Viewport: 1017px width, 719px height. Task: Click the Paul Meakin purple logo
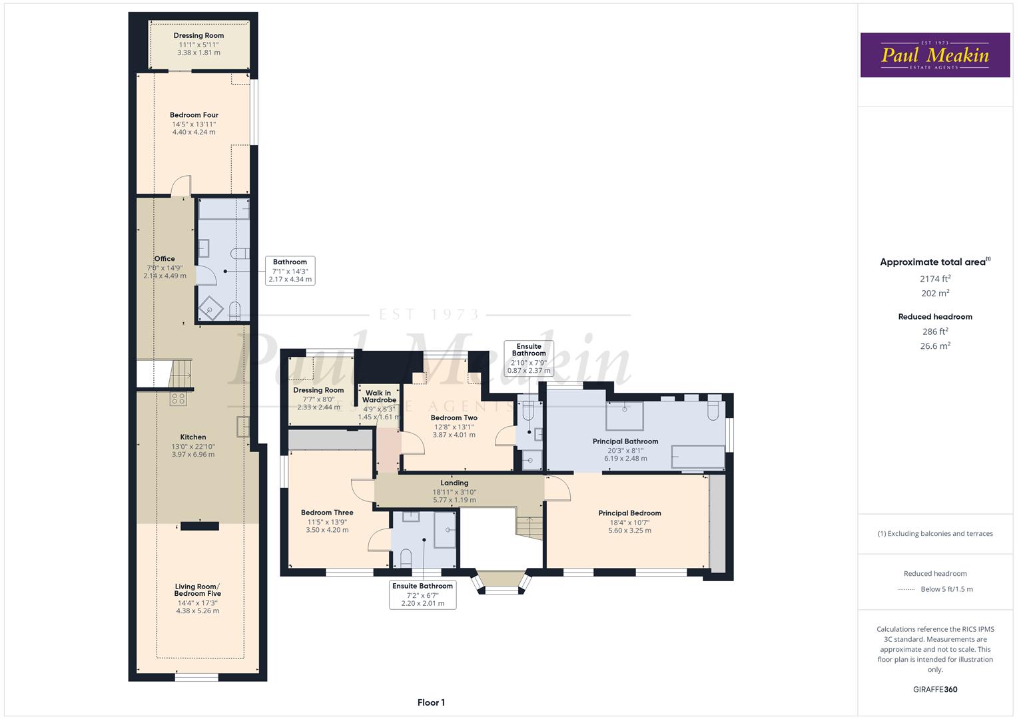point(935,55)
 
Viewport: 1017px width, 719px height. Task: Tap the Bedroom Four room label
point(194,115)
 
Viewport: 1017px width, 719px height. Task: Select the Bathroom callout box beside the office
point(290,271)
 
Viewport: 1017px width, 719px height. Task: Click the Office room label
point(165,259)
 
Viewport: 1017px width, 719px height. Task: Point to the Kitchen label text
point(193,437)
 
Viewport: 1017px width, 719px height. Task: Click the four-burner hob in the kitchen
point(178,399)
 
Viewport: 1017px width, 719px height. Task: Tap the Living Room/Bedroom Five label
point(198,590)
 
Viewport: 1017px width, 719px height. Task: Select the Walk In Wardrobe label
point(379,397)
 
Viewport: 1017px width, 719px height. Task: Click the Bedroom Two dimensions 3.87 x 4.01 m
point(454,435)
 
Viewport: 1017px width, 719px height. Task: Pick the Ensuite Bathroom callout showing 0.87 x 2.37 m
point(529,358)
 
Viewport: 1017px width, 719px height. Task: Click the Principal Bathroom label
point(625,441)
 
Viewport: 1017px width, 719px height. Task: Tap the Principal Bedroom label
point(629,513)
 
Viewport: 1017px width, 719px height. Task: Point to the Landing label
point(454,483)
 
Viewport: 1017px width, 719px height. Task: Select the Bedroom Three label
point(327,513)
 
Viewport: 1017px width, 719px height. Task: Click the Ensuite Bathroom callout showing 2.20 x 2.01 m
point(422,595)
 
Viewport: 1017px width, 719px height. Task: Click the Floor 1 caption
point(431,702)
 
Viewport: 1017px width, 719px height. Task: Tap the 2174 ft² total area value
point(935,279)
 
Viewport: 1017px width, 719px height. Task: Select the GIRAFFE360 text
point(935,690)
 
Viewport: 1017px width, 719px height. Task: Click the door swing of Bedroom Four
point(181,186)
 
